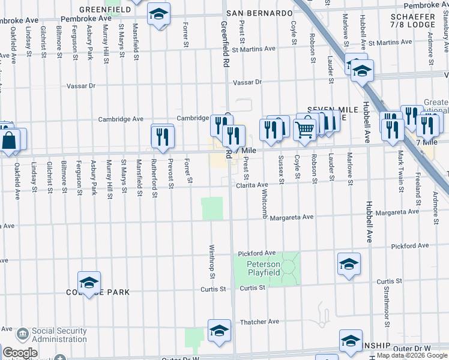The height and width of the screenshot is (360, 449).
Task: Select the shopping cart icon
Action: click(x=306, y=128)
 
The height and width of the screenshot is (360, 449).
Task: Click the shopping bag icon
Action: click(x=10, y=142)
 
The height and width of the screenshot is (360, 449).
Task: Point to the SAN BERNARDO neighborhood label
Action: click(x=259, y=13)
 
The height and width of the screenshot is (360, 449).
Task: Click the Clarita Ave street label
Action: click(x=252, y=185)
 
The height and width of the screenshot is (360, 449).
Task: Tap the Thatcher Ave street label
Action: click(x=259, y=322)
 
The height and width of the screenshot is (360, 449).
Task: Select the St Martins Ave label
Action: click(x=253, y=49)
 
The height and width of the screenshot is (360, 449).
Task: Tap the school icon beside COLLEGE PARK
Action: click(x=89, y=282)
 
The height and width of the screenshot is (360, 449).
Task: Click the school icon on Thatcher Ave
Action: click(x=219, y=330)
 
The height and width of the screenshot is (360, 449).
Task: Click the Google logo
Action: click(x=20, y=353)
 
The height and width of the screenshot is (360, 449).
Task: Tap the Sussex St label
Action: click(x=280, y=165)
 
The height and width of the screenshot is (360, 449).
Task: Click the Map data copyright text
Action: click(x=412, y=356)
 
